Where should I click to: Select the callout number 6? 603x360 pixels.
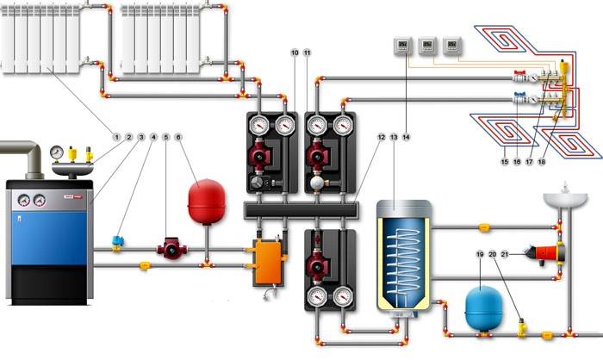point(178,136)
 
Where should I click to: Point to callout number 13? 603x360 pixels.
point(394,136)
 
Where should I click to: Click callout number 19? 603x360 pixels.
point(480,254)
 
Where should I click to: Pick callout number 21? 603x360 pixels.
point(505,254)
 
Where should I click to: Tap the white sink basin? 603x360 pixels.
point(565,201)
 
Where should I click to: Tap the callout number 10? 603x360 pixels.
point(295,53)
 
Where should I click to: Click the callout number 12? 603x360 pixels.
point(382,136)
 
